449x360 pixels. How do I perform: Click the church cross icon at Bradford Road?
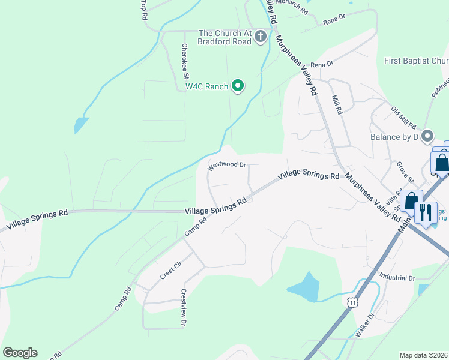[x=260, y=37]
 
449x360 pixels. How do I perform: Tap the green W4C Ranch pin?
[x=238, y=86]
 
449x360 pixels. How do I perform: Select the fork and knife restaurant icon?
[x=425, y=212]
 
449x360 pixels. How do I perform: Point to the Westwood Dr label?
[x=227, y=165]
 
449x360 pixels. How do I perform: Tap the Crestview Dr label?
[x=182, y=308]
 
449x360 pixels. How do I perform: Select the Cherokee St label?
[x=185, y=61]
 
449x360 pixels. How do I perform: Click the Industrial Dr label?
[x=397, y=278]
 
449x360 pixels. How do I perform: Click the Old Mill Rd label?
[x=403, y=118]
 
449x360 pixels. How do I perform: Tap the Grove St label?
[x=406, y=172]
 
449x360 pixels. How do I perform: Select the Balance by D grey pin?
[x=427, y=136]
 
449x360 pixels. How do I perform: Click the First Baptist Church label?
[x=416, y=61]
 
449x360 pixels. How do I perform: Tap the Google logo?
[x=20, y=353]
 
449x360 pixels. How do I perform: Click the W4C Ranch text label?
[x=206, y=86]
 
